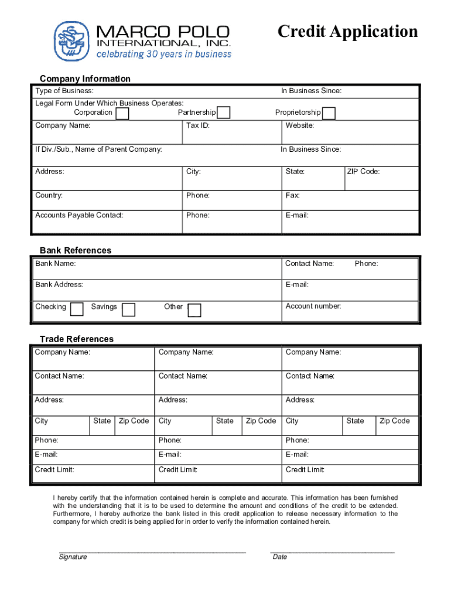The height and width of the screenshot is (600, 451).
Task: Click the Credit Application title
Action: (x=347, y=31)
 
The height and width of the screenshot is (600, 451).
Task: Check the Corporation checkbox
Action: (x=122, y=113)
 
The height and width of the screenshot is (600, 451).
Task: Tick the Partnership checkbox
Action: (x=223, y=113)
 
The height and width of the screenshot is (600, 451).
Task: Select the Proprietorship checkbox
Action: (x=329, y=113)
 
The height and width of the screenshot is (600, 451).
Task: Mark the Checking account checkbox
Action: (x=77, y=309)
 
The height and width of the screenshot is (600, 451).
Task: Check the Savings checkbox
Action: (x=128, y=309)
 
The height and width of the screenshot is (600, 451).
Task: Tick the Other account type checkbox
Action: (x=194, y=310)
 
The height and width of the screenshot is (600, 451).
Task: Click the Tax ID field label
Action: (x=198, y=125)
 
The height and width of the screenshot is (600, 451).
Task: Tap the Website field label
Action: (x=300, y=125)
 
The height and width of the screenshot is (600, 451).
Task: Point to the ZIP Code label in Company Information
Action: (x=363, y=172)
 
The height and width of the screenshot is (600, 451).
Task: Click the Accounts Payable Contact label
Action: (x=79, y=215)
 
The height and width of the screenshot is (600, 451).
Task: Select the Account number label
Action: (x=313, y=306)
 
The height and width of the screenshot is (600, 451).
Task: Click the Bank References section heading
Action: (x=76, y=250)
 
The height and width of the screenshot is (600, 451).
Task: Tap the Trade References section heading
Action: (x=77, y=339)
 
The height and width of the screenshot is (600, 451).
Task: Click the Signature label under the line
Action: (x=73, y=557)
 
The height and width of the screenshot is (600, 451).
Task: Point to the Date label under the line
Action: (x=280, y=557)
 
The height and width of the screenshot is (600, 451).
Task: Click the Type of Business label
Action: (x=64, y=91)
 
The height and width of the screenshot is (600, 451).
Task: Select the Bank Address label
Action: (x=59, y=285)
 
